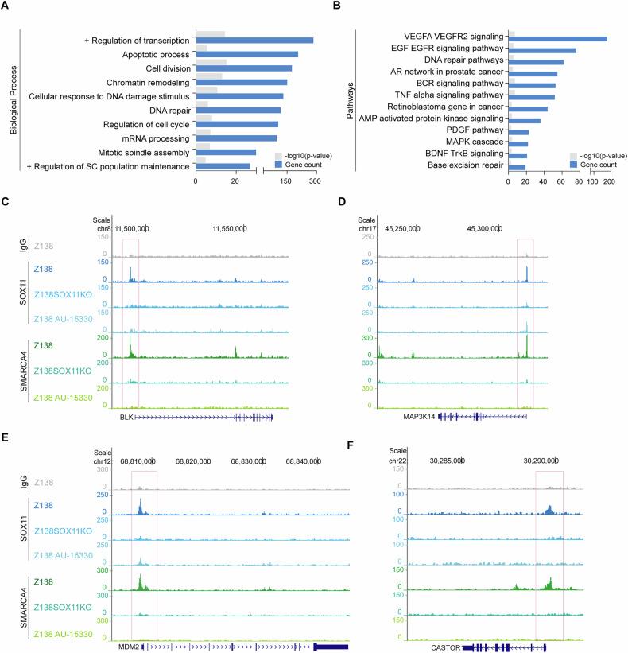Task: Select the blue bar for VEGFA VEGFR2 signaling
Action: (557, 38)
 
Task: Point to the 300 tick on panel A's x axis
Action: (315, 181)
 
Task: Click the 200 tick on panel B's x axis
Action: (609, 181)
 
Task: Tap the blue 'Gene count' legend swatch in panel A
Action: (279, 165)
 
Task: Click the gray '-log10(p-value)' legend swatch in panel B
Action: (574, 155)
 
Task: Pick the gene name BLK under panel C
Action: (125, 416)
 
